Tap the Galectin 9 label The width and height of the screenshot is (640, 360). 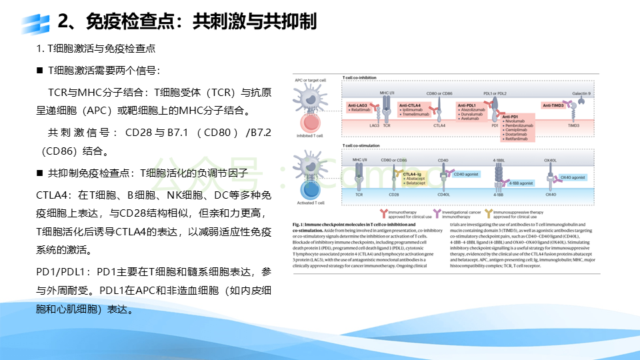581,93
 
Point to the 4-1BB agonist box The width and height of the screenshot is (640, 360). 521,182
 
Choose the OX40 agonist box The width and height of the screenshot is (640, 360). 572,178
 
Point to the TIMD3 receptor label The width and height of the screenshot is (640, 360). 573,125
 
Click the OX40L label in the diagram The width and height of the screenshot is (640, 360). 551,160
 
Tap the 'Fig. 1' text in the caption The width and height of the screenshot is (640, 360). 299,227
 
